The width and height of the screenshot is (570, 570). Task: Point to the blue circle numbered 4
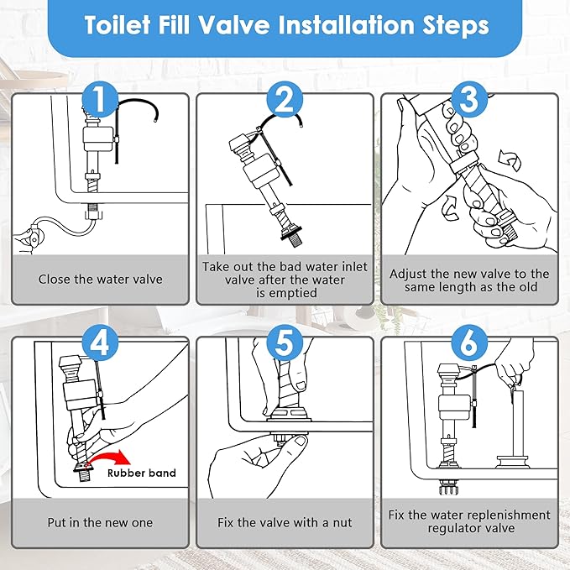[x=100, y=345]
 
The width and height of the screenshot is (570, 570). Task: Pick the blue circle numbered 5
[x=285, y=345]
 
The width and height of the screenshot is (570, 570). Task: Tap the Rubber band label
[x=141, y=473]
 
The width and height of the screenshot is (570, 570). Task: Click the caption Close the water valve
[x=100, y=280]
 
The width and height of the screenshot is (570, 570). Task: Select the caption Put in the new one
[x=100, y=523]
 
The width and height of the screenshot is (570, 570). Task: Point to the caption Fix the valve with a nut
[x=285, y=523]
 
